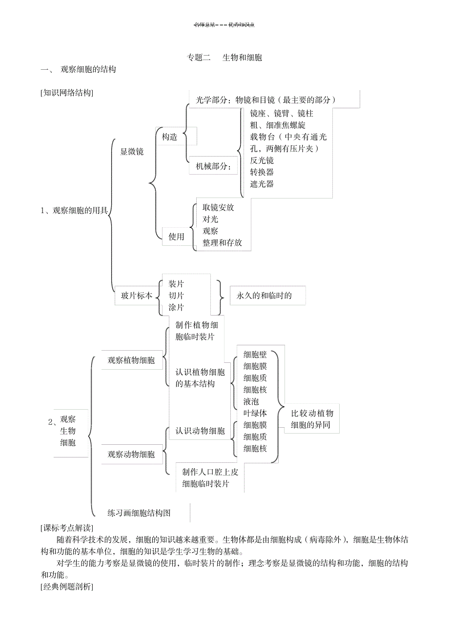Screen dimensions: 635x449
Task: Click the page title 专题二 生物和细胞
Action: [224, 58]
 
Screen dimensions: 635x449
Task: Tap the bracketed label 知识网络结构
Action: [67, 93]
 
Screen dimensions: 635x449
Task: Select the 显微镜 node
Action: [132, 152]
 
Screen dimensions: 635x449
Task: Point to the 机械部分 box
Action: [214, 166]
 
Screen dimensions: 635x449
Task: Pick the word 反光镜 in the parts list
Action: [262, 160]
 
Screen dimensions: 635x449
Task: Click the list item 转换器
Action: [262, 172]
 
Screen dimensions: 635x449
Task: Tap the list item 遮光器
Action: [262, 184]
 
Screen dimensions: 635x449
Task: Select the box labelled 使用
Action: [176, 237]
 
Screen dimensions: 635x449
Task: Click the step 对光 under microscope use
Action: [210, 219]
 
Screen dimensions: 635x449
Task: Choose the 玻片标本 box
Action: [137, 296]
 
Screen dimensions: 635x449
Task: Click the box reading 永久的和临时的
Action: [264, 296]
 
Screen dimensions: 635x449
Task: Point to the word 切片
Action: [176, 296]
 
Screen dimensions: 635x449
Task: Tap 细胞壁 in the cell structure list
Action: [255, 355]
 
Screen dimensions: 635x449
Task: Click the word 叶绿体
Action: [255, 413]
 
